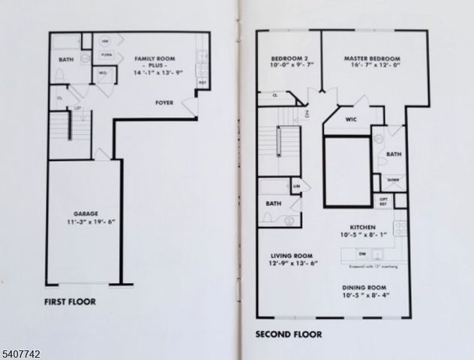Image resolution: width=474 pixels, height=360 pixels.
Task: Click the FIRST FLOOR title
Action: point(70,302)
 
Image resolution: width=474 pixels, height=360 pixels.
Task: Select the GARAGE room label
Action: point(85,214)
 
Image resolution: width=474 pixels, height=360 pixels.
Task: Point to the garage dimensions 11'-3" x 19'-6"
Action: point(85,223)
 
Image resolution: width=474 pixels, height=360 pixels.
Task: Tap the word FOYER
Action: point(166,102)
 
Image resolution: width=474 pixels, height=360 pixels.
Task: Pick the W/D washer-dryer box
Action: point(103,73)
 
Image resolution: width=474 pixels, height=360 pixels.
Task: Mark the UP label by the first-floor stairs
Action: point(77,109)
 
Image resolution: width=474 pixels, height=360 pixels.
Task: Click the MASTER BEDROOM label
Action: point(372,58)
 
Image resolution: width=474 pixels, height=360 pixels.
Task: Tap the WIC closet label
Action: point(351,118)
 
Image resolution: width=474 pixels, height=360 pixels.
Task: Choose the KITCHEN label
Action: point(363,226)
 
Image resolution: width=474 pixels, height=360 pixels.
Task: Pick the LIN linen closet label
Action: point(297,186)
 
